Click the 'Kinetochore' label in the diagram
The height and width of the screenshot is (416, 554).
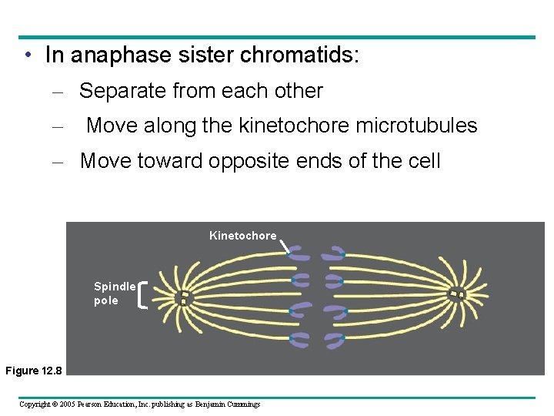(x=242, y=236)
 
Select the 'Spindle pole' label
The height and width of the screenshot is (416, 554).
(x=114, y=294)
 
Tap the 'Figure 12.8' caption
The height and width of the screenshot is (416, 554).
(x=32, y=371)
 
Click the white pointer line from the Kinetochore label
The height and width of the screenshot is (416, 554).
(x=284, y=247)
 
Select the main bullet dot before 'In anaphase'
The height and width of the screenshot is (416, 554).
(x=27, y=55)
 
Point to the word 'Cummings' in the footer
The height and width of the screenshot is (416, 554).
(x=240, y=404)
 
